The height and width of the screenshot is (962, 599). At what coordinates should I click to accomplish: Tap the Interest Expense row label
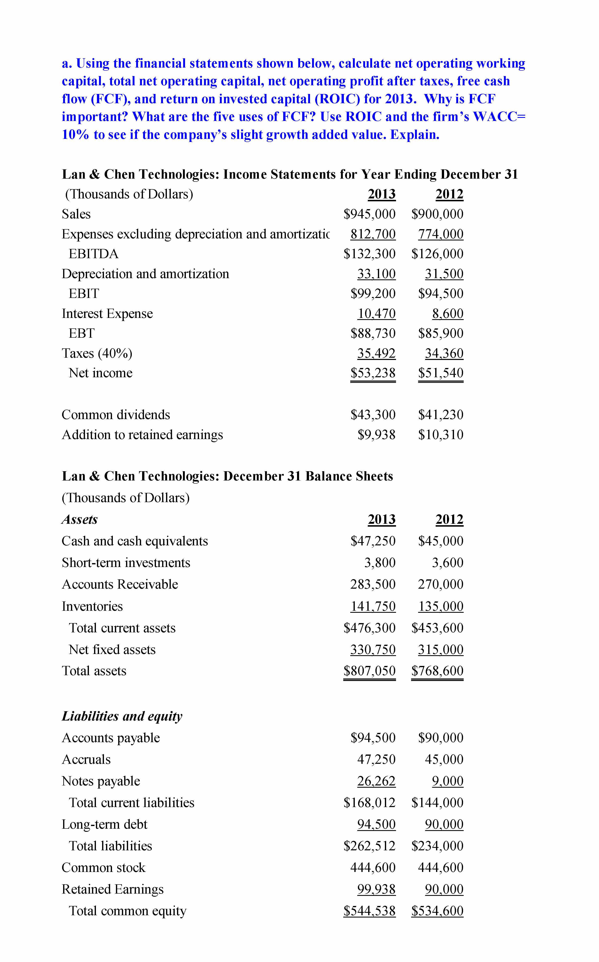point(107,313)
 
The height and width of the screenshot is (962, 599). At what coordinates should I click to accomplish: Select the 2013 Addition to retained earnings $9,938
point(376,435)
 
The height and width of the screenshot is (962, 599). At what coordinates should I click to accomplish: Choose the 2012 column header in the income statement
point(449,194)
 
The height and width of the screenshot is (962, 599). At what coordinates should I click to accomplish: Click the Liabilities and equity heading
point(122,716)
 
